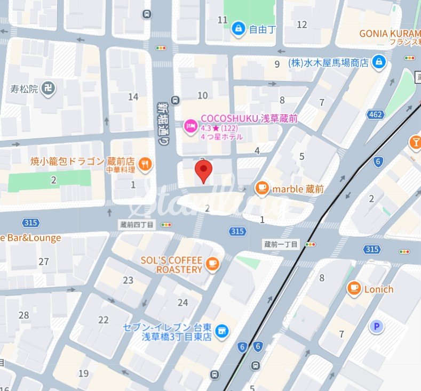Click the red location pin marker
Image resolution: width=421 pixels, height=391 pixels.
point(203,172)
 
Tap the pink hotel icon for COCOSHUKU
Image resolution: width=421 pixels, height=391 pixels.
point(189,126)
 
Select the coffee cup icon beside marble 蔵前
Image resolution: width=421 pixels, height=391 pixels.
point(261,188)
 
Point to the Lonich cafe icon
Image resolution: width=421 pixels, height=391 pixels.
point(353,289)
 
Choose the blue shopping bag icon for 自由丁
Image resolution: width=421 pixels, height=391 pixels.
point(238,29)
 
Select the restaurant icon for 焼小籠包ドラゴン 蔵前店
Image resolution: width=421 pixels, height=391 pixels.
point(144,164)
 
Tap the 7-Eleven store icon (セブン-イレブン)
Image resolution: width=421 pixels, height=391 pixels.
point(221,332)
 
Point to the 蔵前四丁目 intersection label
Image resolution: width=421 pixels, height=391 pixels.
point(136,225)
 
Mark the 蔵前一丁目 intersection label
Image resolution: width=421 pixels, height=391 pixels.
point(282,244)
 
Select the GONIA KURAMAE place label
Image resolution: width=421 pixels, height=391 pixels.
point(390,33)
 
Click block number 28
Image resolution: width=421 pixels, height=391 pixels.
point(23,315)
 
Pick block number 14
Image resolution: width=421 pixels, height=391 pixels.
point(133,96)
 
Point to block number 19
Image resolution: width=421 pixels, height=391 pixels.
point(83,373)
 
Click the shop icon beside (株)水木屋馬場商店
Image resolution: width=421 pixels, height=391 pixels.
point(378,62)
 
